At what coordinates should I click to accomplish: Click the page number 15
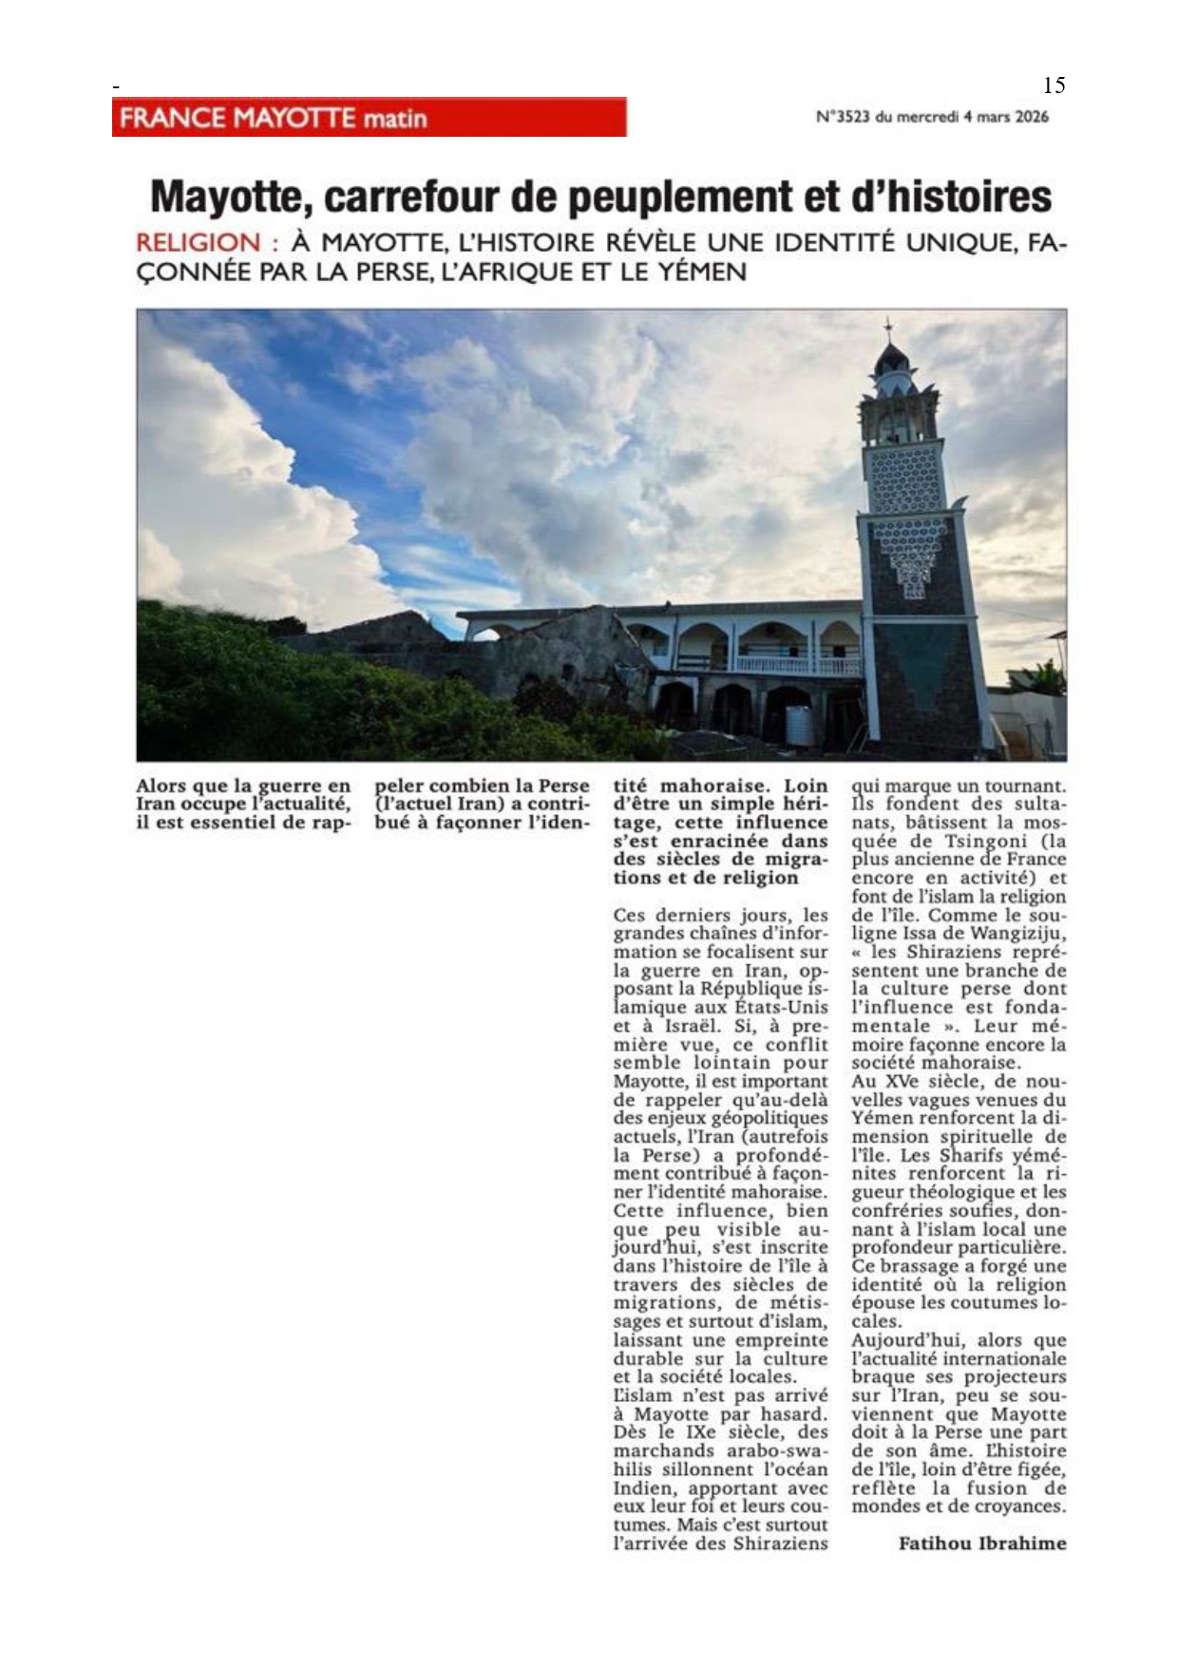point(1054,85)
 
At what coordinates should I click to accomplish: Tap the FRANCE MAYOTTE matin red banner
point(369,118)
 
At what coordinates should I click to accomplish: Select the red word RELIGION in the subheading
point(198,243)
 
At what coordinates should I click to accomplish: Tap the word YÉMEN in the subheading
point(699,273)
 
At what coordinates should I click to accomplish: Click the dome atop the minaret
point(891,359)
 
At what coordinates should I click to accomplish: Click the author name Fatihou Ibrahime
point(982,1544)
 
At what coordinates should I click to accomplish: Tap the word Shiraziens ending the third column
point(780,1544)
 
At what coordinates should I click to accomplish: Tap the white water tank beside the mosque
point(801,726)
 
